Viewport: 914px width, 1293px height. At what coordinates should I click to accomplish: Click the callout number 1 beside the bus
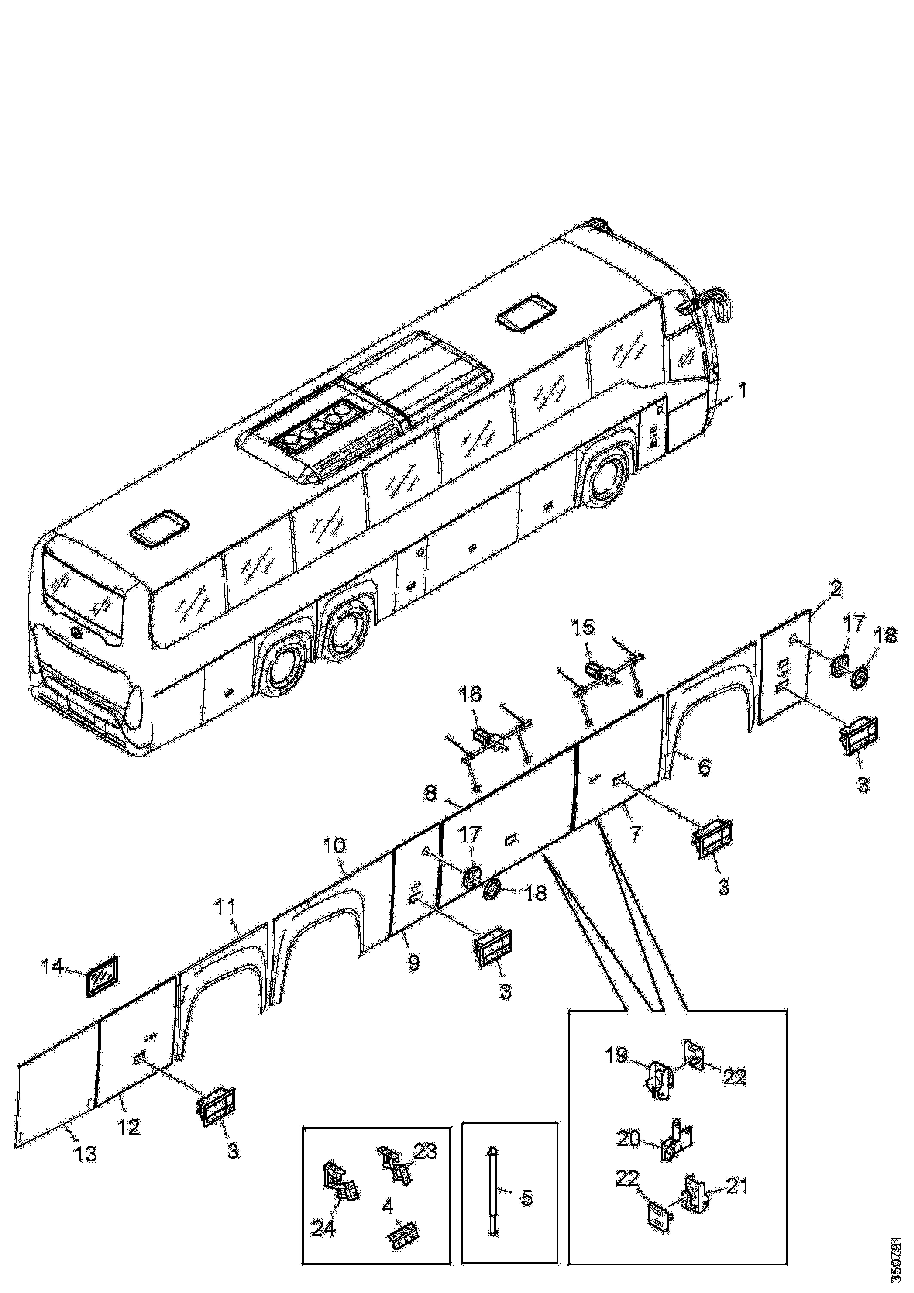743,390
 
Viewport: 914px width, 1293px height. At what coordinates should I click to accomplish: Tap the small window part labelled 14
102,975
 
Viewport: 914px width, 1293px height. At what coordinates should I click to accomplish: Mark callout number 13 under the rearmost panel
86,1153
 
